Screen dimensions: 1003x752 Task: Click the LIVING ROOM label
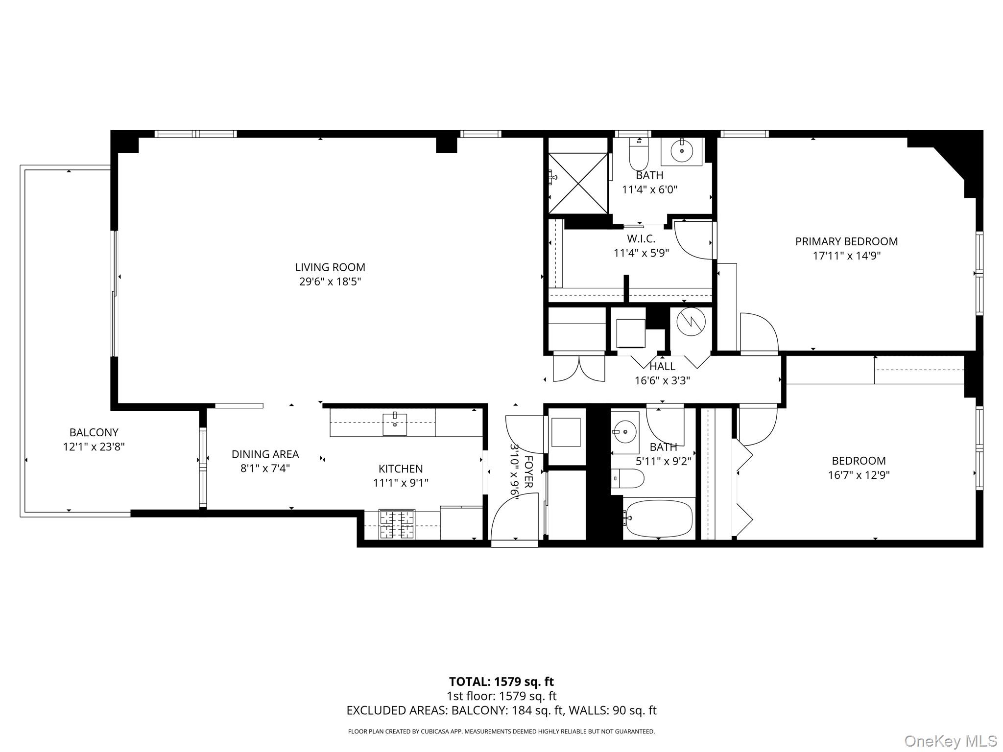click(330, 267)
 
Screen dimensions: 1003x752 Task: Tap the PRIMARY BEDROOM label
click(846, 241)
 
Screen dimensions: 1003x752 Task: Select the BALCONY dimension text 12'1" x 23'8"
click(94, 446)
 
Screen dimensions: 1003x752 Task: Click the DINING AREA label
click(265, 454)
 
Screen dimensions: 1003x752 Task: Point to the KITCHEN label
click(401, 469)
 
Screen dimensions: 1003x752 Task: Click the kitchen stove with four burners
click(397, 525)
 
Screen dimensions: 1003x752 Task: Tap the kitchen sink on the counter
click(395, 424)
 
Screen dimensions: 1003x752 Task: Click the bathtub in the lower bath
click(659, 518)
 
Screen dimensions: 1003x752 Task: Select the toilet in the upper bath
click(639, 153)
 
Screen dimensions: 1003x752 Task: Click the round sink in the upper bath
click(681, 152)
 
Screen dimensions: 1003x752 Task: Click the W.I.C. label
click(641, 239)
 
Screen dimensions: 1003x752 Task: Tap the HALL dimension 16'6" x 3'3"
click(662, 380)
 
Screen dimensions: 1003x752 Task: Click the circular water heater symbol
click(691, 322)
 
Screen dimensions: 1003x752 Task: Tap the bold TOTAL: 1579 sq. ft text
click(501, 681)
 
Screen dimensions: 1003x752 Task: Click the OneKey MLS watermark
click(951, 741)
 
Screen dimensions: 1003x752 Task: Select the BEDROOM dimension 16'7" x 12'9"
click(859, 475)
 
